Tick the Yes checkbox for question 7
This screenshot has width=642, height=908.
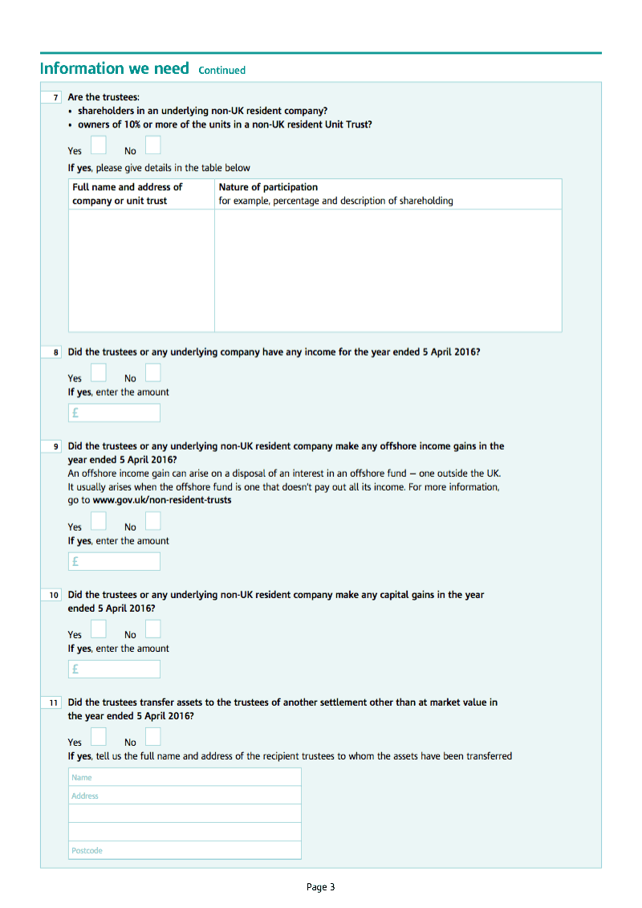[x=98, y=145]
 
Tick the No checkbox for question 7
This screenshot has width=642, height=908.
[x=152, y=145]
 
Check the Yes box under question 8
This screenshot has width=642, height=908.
[x=98, y=373]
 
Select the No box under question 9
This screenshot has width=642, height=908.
[x=152, y=522]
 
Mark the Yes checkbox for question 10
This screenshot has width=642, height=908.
[x=98, y=629]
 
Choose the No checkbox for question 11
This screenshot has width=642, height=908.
[x=152, y=736]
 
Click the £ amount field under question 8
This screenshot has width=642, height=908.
[x=114, y=413]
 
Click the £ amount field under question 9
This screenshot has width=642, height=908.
[x=114, y=561]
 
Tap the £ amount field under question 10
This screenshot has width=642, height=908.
[x=114, y=669]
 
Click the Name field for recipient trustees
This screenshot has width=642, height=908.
[x=185, y=777]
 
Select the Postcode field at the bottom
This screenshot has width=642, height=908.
[x=185, y=850]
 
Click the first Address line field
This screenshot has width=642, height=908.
[x=185, y=796]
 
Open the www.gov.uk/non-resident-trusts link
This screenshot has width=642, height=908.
[x=162, y=500]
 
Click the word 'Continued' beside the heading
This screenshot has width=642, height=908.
[x=221, y=71]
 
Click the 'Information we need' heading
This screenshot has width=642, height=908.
[x=114, y=69]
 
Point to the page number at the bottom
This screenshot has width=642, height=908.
[x=321, y=887]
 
